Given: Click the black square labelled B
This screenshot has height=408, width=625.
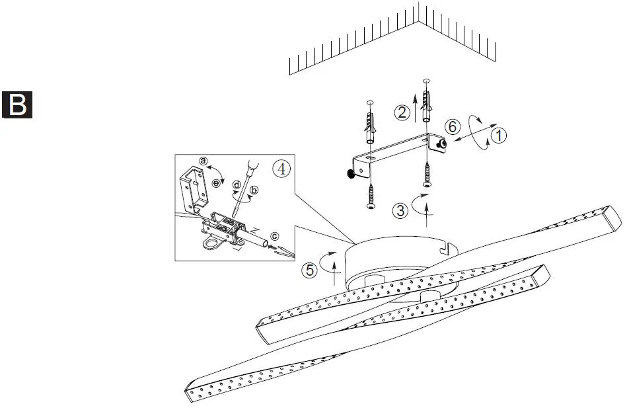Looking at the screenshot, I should pos(18,104).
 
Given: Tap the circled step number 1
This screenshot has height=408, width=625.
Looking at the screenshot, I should pos(499,136).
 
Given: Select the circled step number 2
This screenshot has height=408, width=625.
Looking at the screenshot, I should pos(402,112).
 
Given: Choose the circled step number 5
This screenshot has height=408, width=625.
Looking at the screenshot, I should pos(309,269).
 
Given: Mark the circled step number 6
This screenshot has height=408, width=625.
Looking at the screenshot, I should pos(451,126).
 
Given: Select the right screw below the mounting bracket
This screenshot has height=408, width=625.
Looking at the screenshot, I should pos(427,175).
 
